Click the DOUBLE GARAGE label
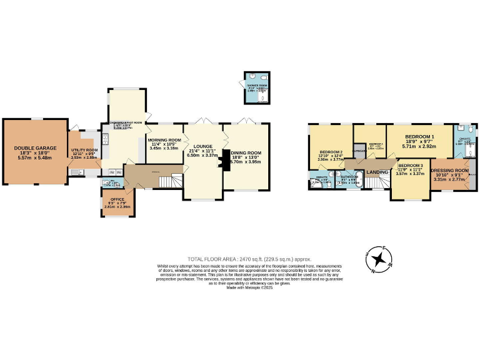(x=35, y=148)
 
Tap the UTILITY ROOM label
(x=84, y=151)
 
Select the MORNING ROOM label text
(x=164, y=140)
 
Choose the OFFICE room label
(x=117, y=199)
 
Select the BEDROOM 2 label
(x=331, y=152)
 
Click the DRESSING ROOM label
(x=450, y=171)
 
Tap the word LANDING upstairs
(x=377, y=172)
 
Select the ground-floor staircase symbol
(x=166, y=182)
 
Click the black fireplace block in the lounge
(x=220, y=162)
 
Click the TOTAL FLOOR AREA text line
(x=249, y=259)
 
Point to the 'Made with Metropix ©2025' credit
(x=249, y=287)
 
